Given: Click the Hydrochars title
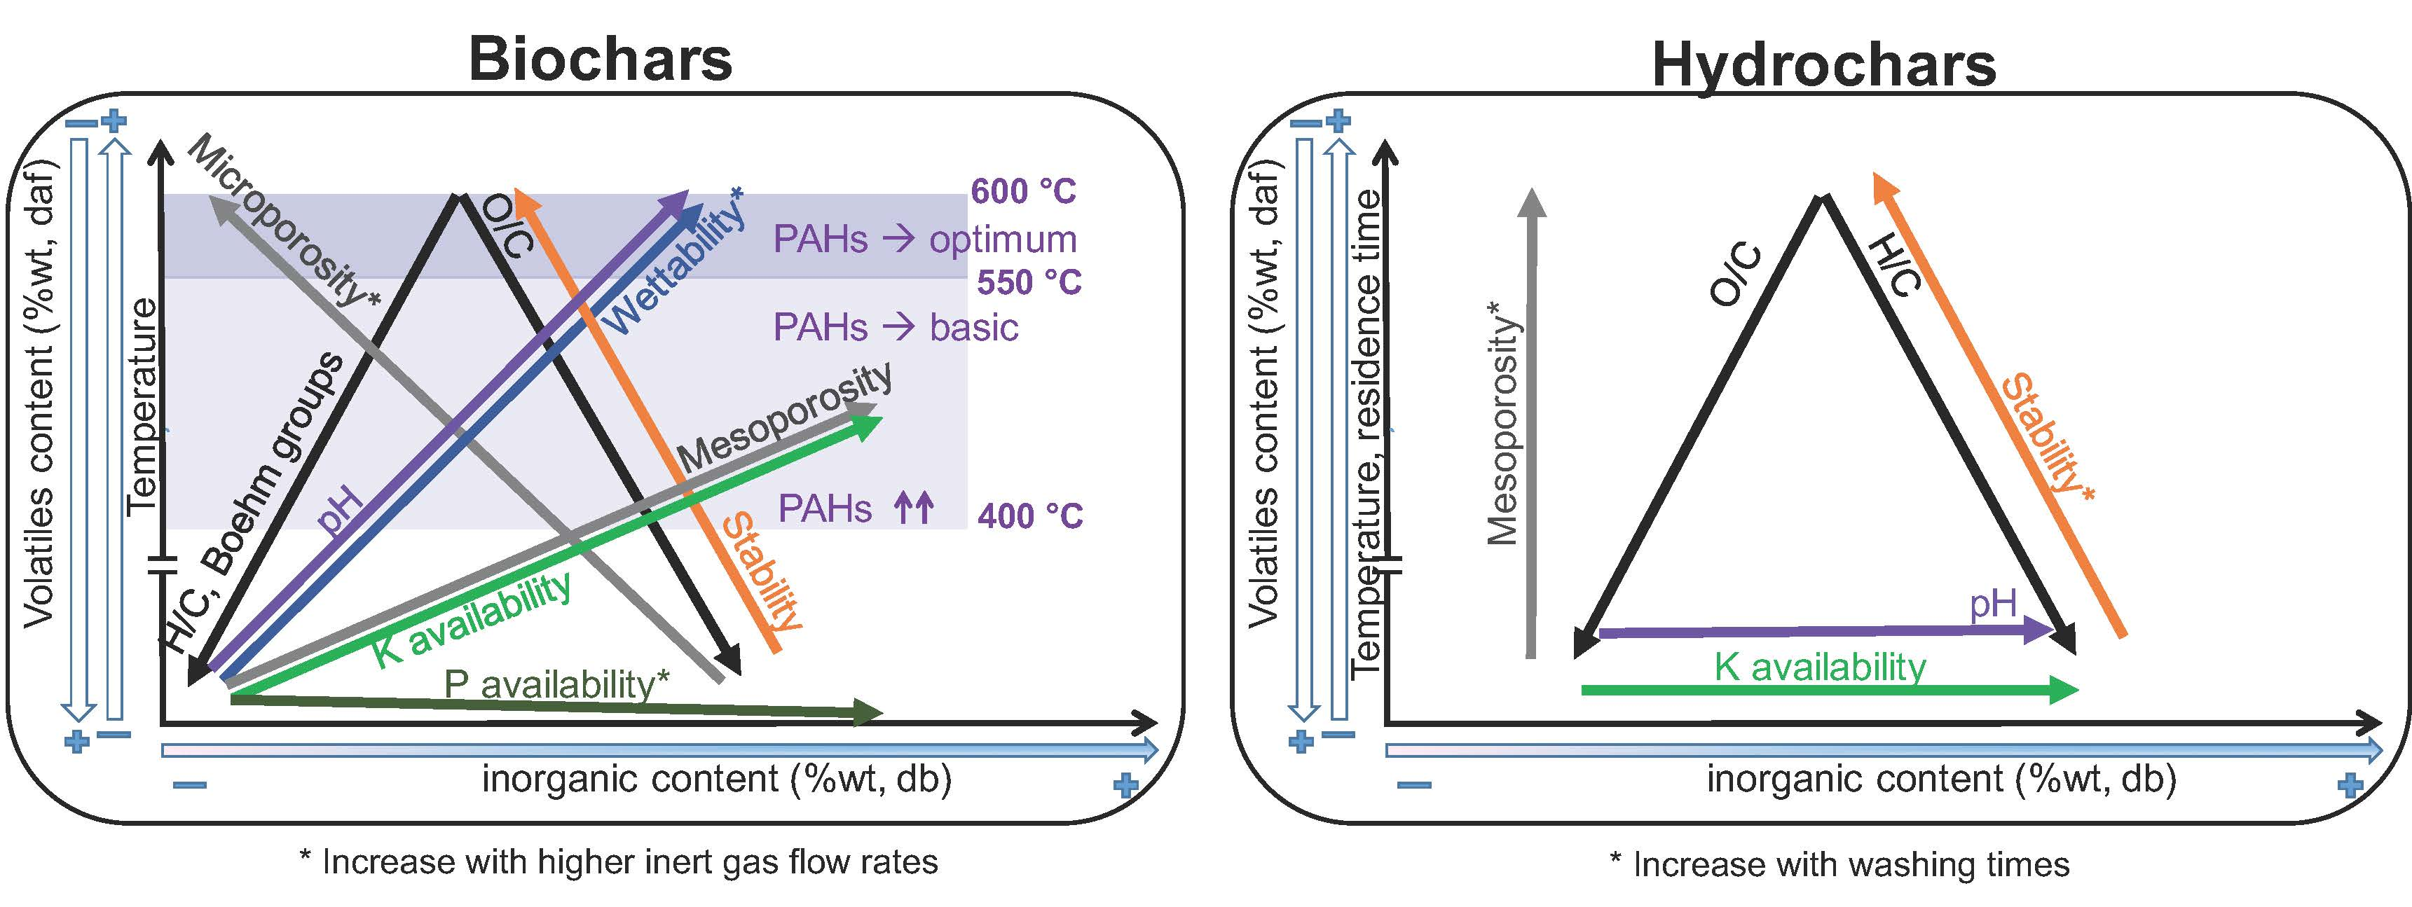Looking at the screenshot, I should (1824, 66).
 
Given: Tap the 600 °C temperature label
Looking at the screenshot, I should (1023, 192).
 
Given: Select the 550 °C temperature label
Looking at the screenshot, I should (1029, 282).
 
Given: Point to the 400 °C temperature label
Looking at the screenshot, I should (1030, 515).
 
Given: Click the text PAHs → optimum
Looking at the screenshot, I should (924, 240).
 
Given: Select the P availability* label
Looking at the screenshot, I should (556, 684).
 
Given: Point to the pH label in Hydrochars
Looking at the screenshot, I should (1992, 604).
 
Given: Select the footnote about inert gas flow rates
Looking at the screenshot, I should (618, 862).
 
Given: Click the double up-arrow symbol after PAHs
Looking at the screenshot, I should (914, 509).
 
